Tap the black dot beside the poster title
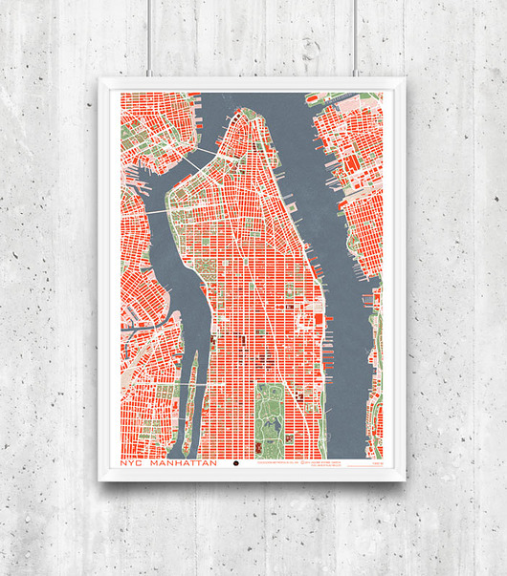coord(236,465)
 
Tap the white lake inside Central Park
coord(271,435)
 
